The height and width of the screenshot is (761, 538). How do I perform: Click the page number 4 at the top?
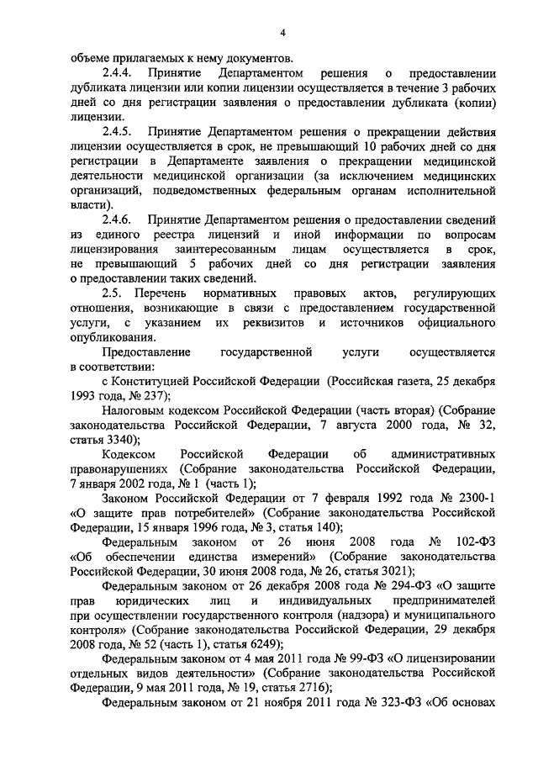click(283, 33)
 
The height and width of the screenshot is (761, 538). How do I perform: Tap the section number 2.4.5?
click(119, 132)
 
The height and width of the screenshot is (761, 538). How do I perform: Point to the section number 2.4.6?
click(119, 219)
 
